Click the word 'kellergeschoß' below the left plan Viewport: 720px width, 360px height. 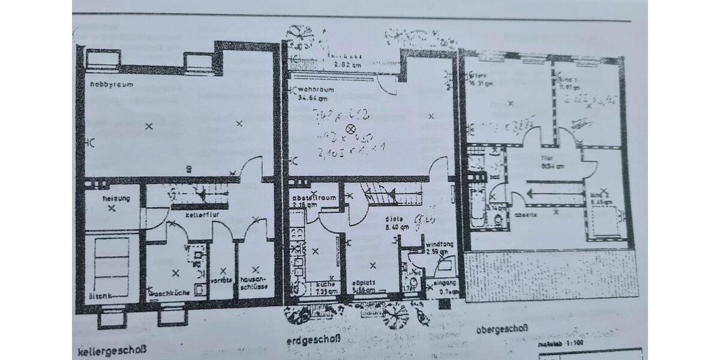pyautogui.click(x=112, y=349)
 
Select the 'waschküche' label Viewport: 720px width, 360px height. pyautogui.click(x=172, y=293)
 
